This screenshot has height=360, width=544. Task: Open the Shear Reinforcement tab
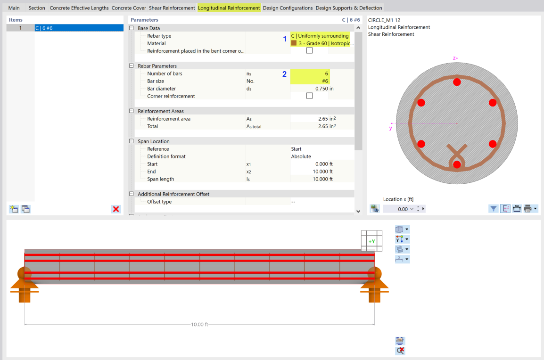click(172, 8)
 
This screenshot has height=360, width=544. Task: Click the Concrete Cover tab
click(129, 8)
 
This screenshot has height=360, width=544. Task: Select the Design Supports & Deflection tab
click(349, 8)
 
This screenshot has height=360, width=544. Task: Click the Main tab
click(14, 8)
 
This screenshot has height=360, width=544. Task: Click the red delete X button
click(116, 209)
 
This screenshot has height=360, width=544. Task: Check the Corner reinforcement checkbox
click(309, 96)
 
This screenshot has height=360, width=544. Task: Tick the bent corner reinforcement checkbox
click(309, 51)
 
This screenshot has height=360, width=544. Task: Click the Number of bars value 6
click(310, 74)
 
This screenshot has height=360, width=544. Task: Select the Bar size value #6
click(310, 81)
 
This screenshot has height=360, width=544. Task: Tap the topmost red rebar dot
click(456, 82)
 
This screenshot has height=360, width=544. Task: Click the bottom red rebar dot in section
click(456, 164)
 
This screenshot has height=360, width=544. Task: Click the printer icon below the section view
click(528, 208)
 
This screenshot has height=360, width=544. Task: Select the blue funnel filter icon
click(493, 208)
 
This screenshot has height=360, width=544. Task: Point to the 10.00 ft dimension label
click(199, 324)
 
